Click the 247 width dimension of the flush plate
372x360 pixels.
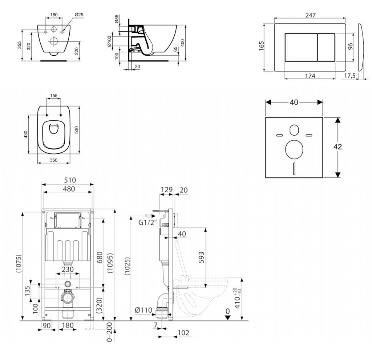coord(310,15)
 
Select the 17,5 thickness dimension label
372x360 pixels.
coord(349,76)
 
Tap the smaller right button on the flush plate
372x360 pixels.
coord(326,47)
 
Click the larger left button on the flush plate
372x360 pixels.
coord(301,47)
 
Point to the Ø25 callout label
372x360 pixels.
coord(79,15)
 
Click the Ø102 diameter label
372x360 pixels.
coord(109,41)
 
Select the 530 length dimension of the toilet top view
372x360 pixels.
coord(76,130)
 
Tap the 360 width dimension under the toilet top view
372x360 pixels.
coord(54,160)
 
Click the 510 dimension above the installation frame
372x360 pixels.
coord(70,180)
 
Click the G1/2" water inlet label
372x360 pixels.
coord(148,223)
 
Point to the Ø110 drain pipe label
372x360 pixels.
coord(143,310)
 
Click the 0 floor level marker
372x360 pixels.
coord(228,311)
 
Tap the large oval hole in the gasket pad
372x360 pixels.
coord(294,149)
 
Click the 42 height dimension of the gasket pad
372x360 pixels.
coord(337,147)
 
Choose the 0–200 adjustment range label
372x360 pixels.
coord(109,332)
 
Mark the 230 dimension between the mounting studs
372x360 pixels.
coord(68,269)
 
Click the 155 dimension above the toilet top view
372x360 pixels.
coord(54,96)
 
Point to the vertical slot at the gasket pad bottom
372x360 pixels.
coord(294,169)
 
